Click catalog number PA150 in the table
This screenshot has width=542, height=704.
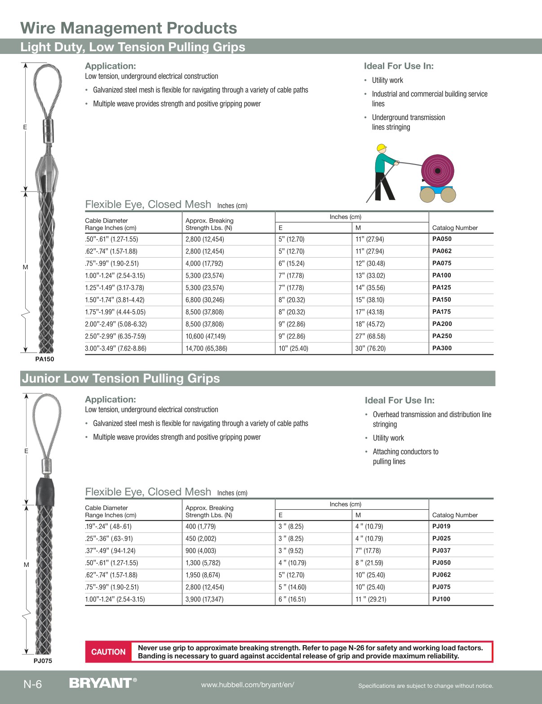[442, 300]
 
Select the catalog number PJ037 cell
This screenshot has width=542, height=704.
[441, 551]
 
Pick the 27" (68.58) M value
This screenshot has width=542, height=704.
[370, 336]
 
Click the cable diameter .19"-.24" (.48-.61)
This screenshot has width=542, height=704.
[108, 526]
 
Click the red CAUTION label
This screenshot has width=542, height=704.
[108, 652]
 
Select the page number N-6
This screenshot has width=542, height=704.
[33, 684]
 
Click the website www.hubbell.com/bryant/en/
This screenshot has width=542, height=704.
[248, 685]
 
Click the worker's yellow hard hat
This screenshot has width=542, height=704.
[382, 147]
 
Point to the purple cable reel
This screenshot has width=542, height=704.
[437, 171]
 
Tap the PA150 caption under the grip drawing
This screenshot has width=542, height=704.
[44, 359]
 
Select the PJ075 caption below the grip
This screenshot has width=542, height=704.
[43, 661]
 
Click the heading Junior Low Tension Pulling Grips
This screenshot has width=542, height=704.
[121, 379]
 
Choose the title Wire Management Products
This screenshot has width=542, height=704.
[129, 28]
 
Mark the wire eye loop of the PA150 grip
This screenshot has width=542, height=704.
[47, 90]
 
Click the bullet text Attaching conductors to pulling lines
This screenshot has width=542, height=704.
[405, 456]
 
